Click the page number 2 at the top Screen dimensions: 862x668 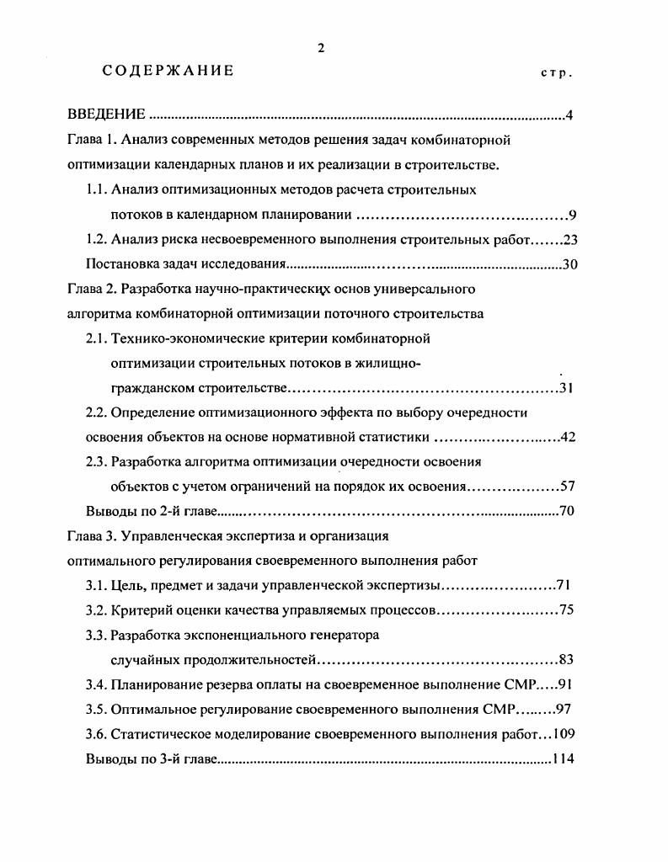click(320, 48)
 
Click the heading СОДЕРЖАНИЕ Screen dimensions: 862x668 click(168, 71)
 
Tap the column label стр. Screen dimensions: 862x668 click(556, 73)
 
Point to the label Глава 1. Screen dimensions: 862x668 click(91, 140)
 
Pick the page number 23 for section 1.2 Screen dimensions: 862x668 click(566, 239)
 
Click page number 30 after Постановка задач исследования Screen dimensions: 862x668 click(569, 264)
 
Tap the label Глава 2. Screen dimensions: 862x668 click(91, 289)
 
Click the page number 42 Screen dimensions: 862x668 click(566, 437)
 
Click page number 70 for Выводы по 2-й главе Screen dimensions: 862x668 click(566, 511)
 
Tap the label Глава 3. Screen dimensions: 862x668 click(91, 535)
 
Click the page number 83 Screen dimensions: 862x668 click(566, 659)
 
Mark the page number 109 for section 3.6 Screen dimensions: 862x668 click(563, 734)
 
